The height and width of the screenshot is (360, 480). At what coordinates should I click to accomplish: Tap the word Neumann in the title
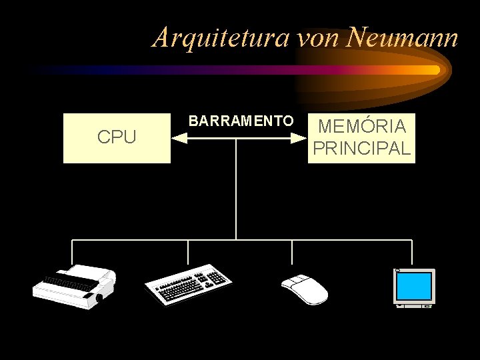click(x=403, y=37)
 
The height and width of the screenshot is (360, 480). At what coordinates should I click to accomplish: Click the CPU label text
click(x=117, y=137)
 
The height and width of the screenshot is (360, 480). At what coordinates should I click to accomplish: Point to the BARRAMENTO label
click(x=241, y=121)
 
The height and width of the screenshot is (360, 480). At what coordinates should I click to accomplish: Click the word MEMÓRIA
click(x=362, y=126)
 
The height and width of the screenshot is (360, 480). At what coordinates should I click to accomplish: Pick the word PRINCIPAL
click(x=361, y=148)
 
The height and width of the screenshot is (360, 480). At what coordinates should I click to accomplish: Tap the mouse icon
click(x=304, y=289)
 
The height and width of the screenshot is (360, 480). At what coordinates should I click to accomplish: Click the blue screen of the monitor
click(x=413, y=285)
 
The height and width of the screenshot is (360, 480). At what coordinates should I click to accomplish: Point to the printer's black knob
click(x=99, y=298)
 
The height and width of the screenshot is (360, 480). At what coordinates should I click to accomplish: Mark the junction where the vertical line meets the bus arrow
click(x=236, y=139)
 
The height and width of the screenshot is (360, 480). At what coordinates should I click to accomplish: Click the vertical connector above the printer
click(x=72, y=253)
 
